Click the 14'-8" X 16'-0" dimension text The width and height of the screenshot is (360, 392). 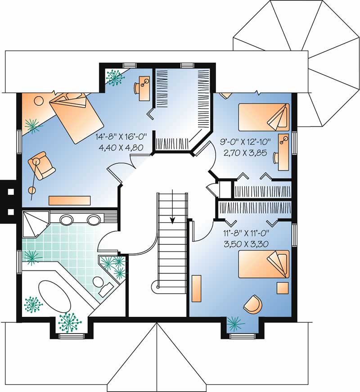click(x=119, y=136)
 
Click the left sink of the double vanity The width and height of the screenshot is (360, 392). click(x=67, y=220)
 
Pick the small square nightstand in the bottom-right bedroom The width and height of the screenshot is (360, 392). click(x=282, y=287)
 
